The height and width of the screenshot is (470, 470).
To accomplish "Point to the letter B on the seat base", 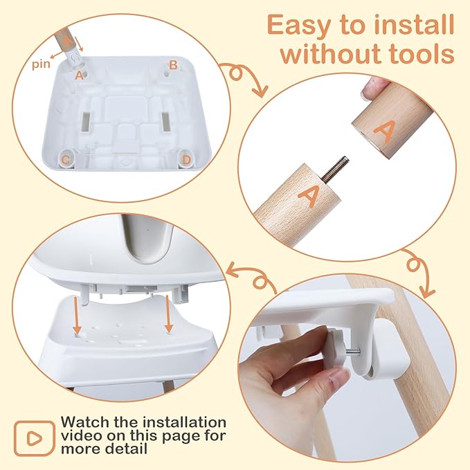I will click(x=174, y=65).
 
